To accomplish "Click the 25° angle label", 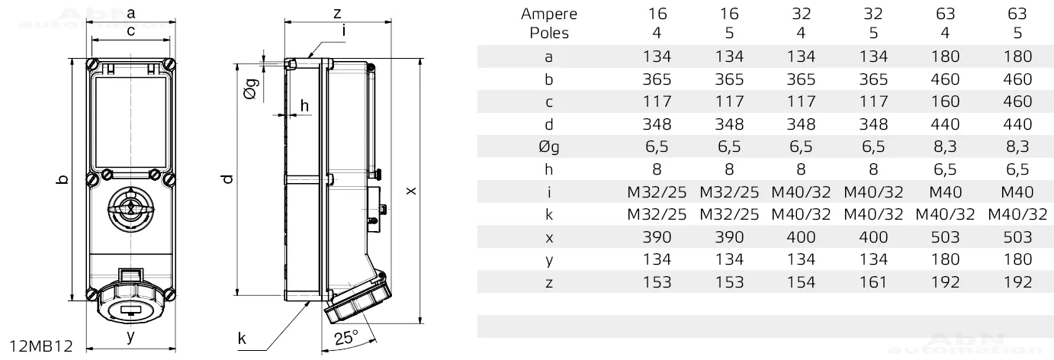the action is (x=346, y=337).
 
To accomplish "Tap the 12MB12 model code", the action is (x=41, y=346).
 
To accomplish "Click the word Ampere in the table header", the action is (x=548, y=14).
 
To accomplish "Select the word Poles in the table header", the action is (x=548, y=33).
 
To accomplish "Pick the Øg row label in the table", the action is (x=548, y=147).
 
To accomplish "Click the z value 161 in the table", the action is (x=873, y=282).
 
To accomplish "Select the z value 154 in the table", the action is (x=801, y=282).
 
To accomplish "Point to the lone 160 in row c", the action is (x=945, y=101).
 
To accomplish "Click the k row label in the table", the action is (x=548, y=214).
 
